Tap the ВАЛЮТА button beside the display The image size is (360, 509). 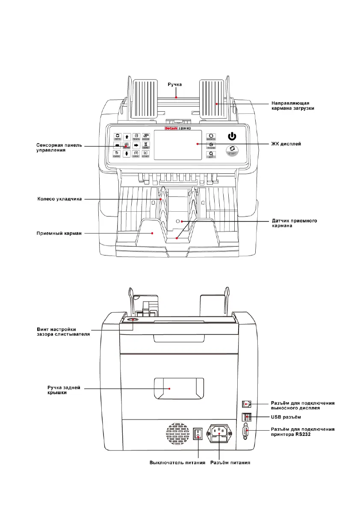(211, 137)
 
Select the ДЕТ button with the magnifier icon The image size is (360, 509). (211, 155)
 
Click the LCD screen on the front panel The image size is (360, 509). (177, 145)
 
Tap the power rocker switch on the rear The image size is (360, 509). (198, 434)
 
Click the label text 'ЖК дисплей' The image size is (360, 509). (286, 144)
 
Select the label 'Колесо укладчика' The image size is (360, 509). (59, 199)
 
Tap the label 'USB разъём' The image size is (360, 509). (287, 416)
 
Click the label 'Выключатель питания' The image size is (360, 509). (177, 462)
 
